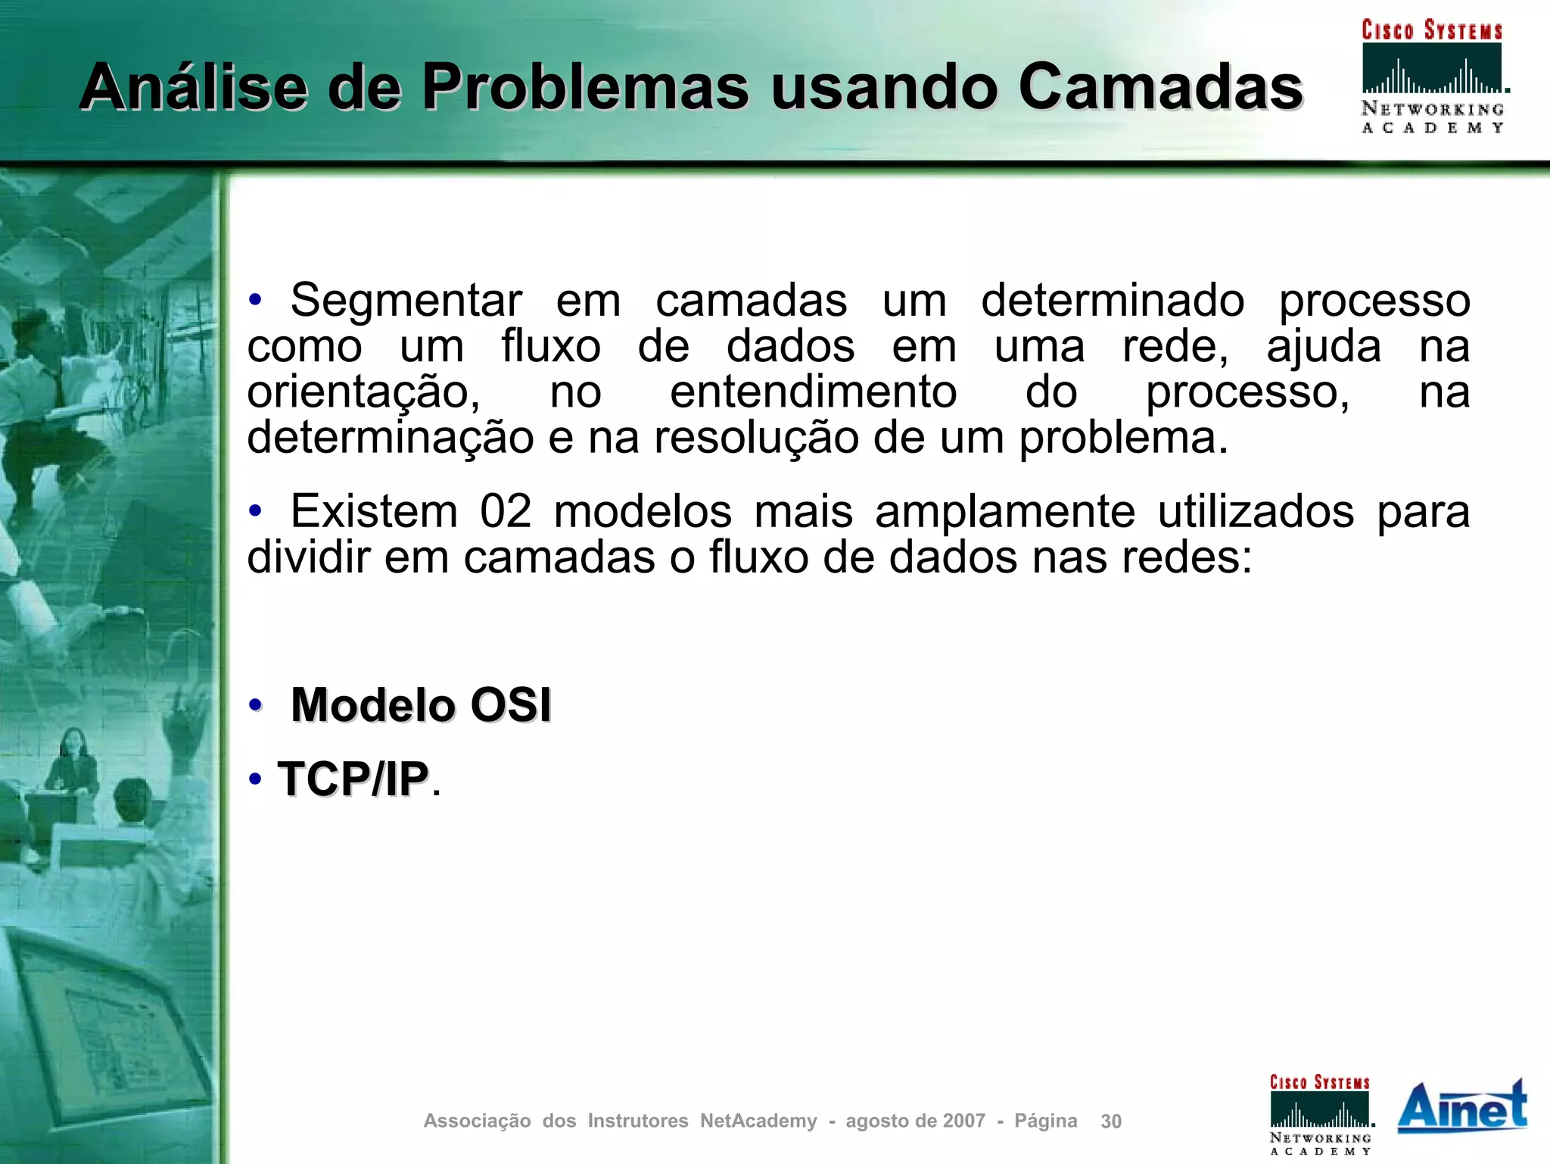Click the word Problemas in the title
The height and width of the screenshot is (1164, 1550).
pos(585,88)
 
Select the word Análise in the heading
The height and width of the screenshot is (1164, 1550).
pos(193,88)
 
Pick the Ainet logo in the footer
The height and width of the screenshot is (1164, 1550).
pos(1462,1106)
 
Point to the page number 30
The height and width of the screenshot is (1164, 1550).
pos(1111,1122)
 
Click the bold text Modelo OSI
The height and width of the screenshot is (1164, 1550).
pos(421,705)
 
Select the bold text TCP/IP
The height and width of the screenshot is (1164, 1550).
pos(353,779)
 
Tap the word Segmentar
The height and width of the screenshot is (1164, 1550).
pos(406,301)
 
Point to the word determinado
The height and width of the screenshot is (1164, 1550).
pos(1113,301)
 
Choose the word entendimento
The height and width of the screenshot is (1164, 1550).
pos(814,392)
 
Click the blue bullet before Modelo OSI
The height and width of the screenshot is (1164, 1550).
pos(255,706)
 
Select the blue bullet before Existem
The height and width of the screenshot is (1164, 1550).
pos(255,512)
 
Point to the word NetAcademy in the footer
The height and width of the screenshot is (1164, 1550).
pos(758,1121)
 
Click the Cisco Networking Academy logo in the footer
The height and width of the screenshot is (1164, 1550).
pos(1320,1114)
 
